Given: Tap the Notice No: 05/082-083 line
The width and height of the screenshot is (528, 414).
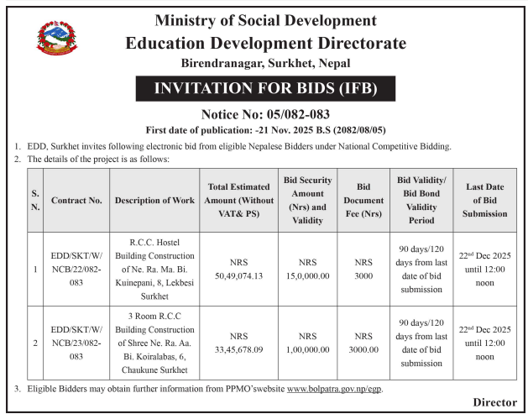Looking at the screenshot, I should click(x=264, y=114).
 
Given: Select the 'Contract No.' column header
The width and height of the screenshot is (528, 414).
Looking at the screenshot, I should click(x=76, y=201).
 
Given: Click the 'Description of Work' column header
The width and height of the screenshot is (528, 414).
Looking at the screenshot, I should click(x=154, y=201).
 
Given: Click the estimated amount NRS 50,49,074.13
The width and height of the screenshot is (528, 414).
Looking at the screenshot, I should click(x=238, y=269).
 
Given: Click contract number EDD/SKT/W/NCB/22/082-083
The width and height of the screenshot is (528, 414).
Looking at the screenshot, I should click(x=76, y=269).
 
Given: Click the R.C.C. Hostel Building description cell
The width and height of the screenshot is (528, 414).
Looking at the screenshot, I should click(x=154, y=269).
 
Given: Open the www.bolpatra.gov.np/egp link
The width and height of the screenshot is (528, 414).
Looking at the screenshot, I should click(x=334, y=389).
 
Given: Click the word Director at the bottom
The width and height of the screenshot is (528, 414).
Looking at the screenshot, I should click(x=494, y=402).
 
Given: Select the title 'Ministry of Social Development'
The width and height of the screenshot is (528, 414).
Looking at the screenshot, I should click(x=264, y=20).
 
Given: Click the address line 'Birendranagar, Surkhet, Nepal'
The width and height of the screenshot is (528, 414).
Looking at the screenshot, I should click(x=264, y=63).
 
